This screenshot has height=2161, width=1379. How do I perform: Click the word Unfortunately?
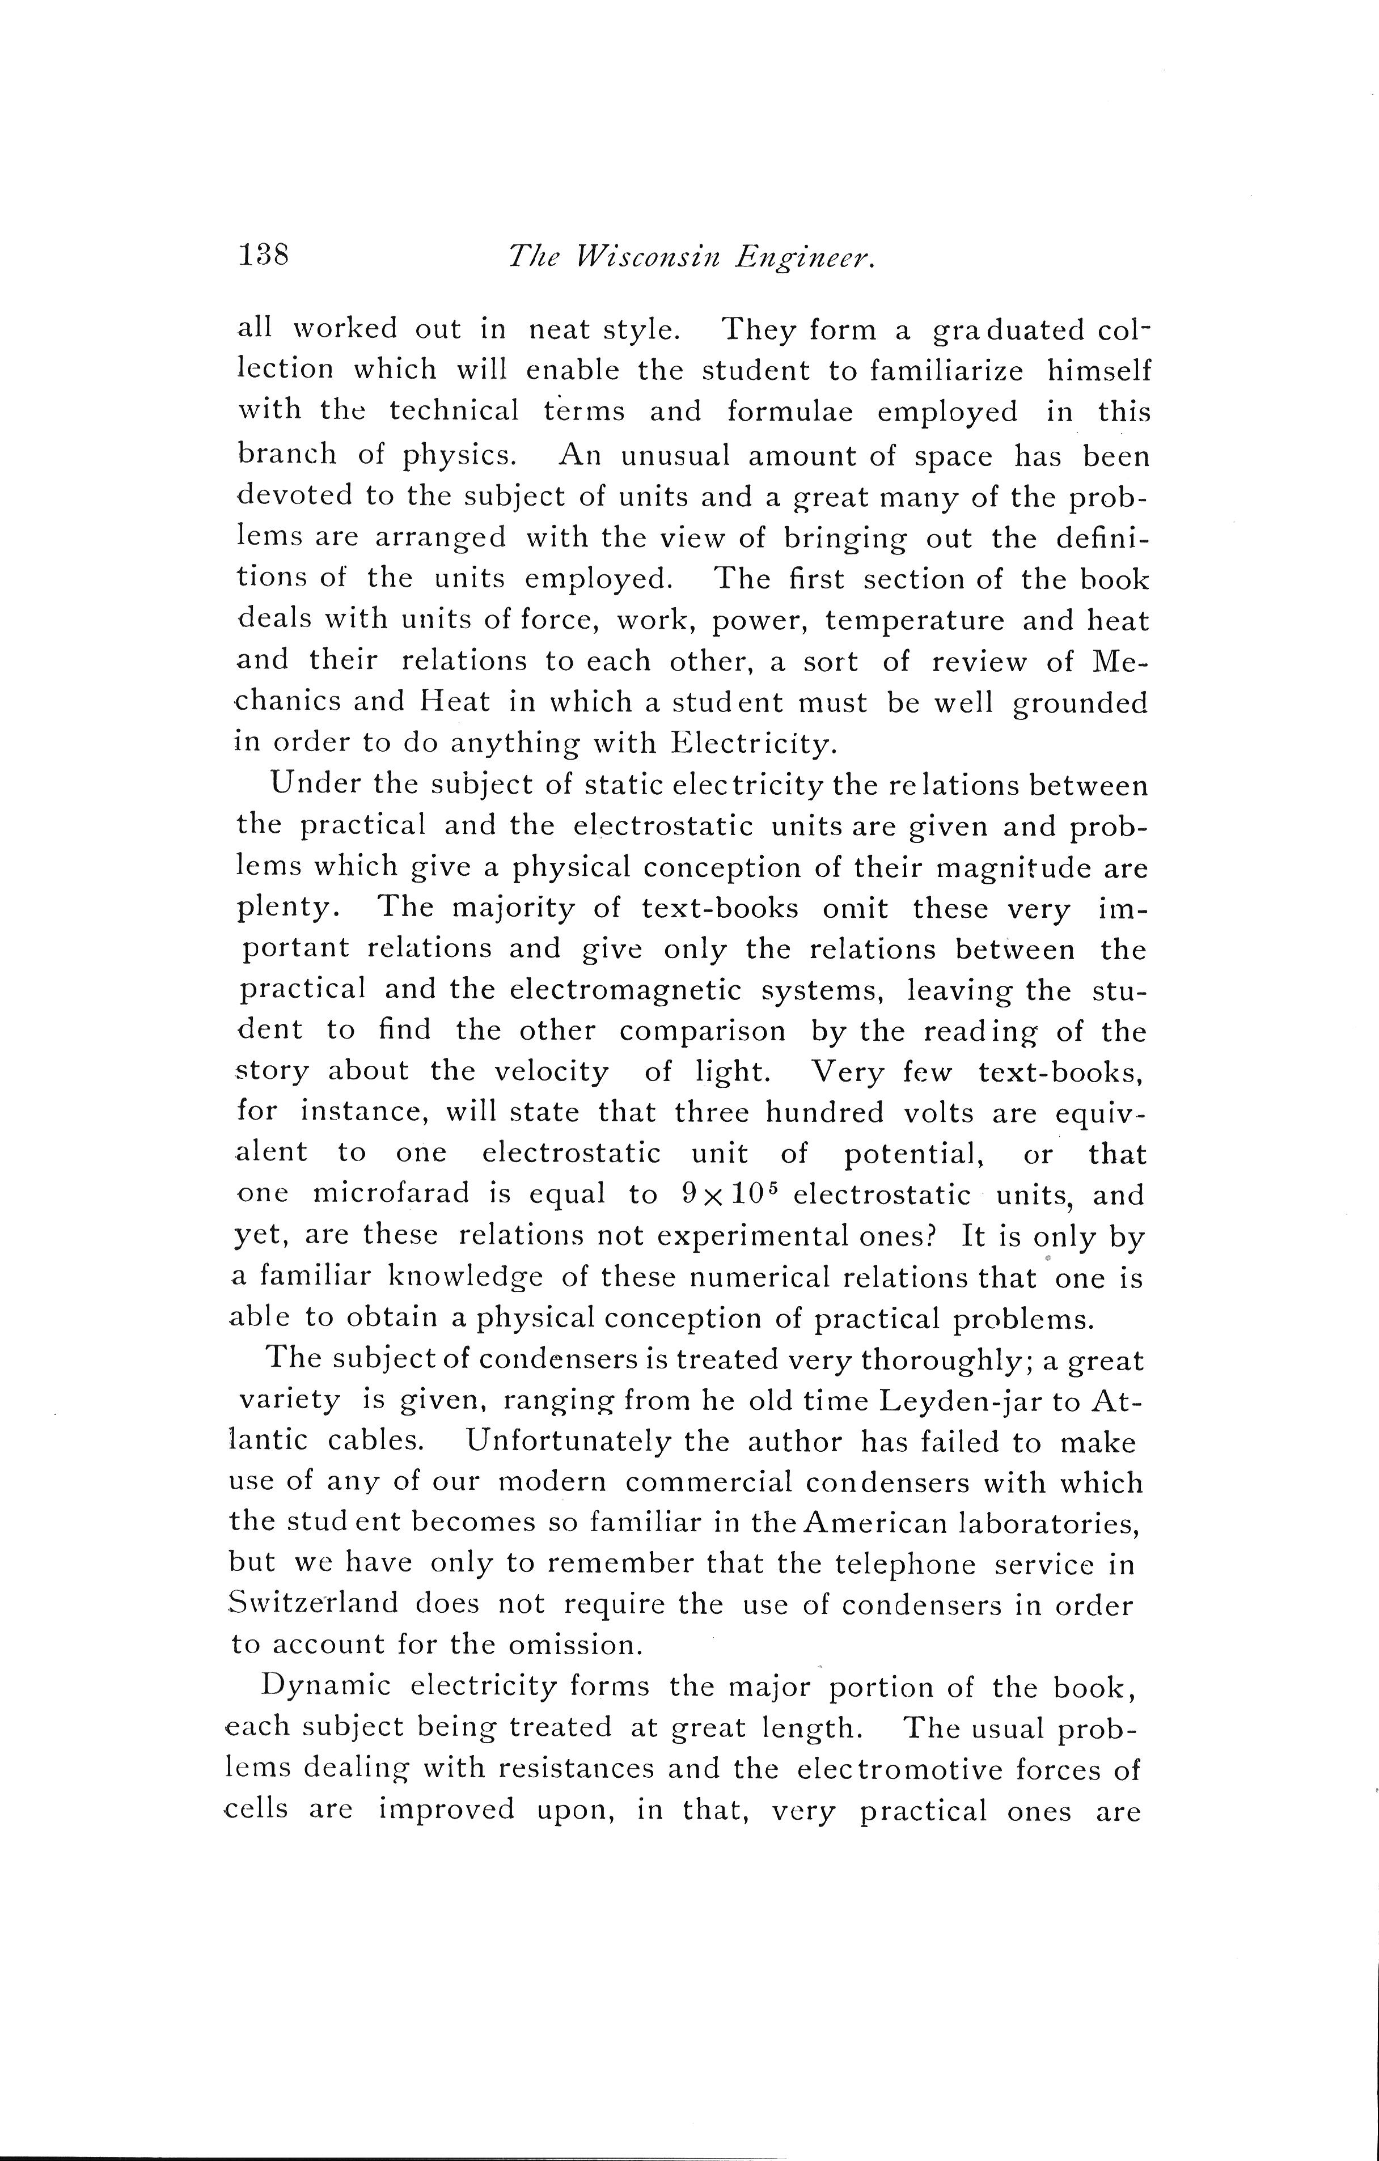(x=568, y=1442)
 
